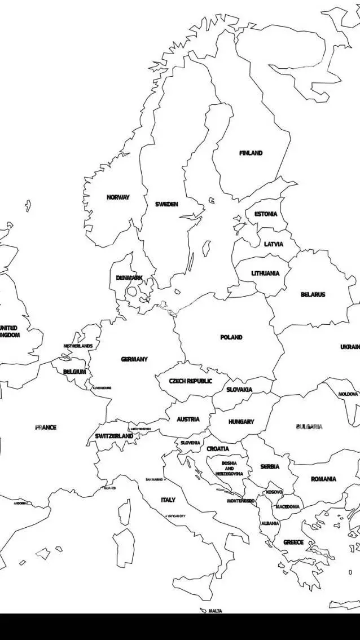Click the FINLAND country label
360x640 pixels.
pyautogui.click(x=251, y=153)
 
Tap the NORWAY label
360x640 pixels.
pyautogui.click(x=118, y=197)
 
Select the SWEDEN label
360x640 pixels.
pyautogui.click(x=166, y=204)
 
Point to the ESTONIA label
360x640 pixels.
pyautogui.click(x=266, y=214)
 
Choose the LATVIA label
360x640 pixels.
pyautogui.click(x=274, y=244)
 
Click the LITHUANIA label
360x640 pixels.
pyautogui.click(x=265, y=273)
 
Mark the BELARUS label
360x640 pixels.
pyautogui.click(x=313, y=295)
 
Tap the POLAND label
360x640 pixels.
pyautogui.click(x=231, y=337)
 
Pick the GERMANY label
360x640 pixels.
pyautogui.click(x=134, y=359)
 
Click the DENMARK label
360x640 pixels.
pyautogui.click(x=129, y=278)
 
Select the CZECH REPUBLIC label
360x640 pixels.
pyautogui.click(x=191, y=381)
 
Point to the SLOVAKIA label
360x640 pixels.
pyautogui.click(x=239, y=390)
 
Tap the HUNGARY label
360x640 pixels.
pyautogui.click(x=241, y=422)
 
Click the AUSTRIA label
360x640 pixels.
pyautogui.click(x=188, y=420)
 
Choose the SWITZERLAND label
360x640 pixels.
pyautogui.click(x=114, y=436)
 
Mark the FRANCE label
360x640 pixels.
pyautogui.click(x=46, y=427)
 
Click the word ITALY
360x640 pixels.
pyautogui.click(x=168, y=500)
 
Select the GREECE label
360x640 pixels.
pyautogui.click(x=293, y=542)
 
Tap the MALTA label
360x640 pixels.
pyautogui.click(x=215, y=611)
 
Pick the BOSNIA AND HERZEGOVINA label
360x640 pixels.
pyautogui.click(x=229, y=469)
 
